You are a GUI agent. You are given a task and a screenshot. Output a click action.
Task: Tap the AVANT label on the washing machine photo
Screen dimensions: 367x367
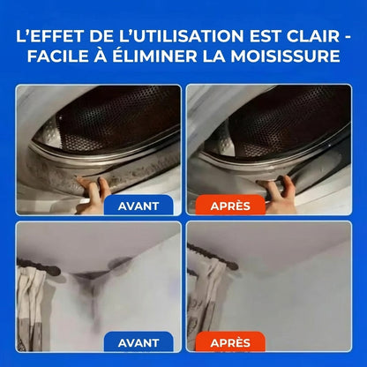coord(138,206)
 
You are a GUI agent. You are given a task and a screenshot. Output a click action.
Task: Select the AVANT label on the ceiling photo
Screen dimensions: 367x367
coord(138,342)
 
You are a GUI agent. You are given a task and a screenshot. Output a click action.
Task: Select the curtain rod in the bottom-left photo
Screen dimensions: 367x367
coord(44,269)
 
